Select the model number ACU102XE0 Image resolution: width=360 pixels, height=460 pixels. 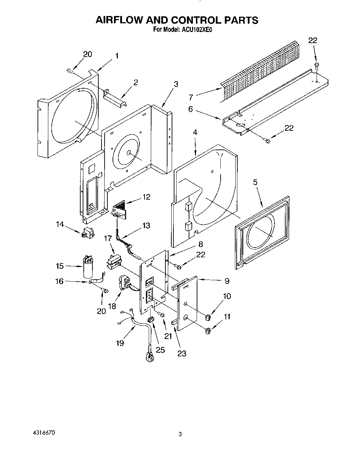(x=196, y=30)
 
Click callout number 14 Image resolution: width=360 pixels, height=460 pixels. (x=60, y=225)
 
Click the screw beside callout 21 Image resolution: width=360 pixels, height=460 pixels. (x=161, y=314)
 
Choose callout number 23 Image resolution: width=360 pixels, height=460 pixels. (x=182, y=353)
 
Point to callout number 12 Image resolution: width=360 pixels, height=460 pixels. (x=146, y=197)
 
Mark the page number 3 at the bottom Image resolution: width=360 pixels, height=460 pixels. (x=180, y=434)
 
